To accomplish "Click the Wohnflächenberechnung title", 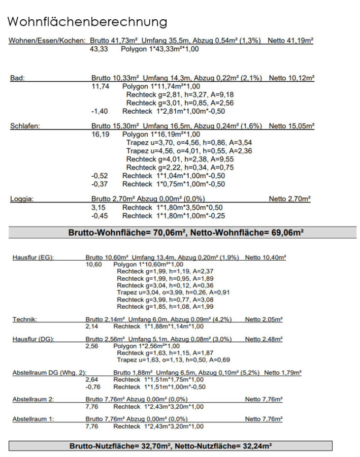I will coord(87,22).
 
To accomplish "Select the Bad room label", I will coord(17,78).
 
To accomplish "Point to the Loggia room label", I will coord(22,199).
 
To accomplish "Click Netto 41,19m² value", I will coord(290,41).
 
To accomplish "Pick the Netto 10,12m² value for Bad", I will coord(291,78).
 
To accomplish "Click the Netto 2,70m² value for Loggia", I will coord(289,199).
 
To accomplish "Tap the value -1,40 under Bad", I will coord(99,111).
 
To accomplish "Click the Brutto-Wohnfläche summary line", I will coord(186,233).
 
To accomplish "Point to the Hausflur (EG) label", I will coord(33,258).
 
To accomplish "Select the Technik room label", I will coord(24,319).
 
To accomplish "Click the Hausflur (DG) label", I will coord(33,339).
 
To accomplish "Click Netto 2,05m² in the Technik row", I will coord(264,319).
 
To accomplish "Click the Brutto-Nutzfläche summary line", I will coord(171,446).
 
